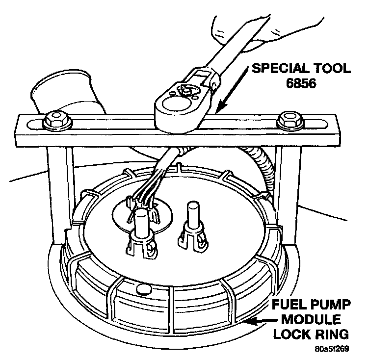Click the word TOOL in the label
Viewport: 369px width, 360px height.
click(x=332, y=68)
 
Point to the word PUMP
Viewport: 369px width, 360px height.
click(x=332, y=308)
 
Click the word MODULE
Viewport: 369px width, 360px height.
click(x=311, y=321)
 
